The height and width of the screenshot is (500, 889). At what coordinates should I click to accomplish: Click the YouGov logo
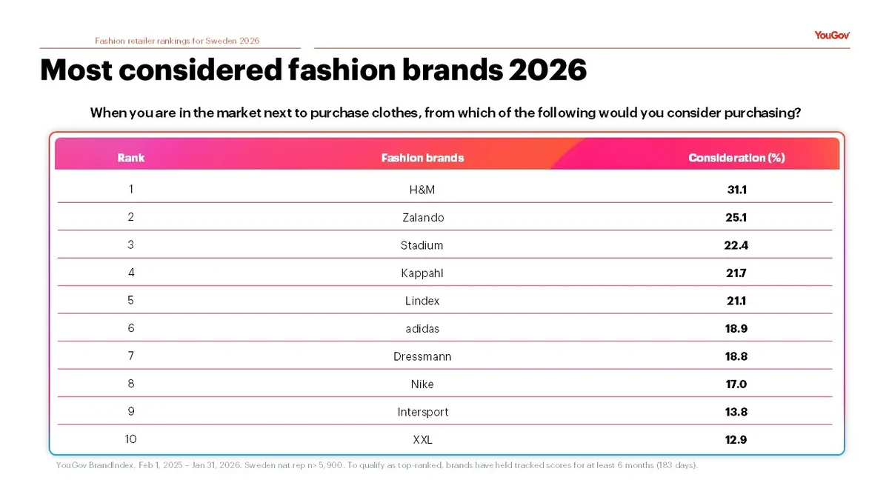coord(831,36)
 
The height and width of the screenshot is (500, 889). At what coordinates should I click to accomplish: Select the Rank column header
coord(131,158)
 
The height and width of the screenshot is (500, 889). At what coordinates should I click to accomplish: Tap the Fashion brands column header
coord(422,158)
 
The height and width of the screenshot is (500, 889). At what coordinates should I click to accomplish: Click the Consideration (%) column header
coord(736,158)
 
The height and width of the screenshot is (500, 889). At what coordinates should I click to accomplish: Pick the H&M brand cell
coord(422,190)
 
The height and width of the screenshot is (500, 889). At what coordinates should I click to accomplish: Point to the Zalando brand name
coord(422,218)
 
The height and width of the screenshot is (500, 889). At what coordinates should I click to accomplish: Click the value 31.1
coord(736,190)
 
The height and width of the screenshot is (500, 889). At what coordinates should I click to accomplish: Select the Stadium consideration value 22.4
coord(736,245)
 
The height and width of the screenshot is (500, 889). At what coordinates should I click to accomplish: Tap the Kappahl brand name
coord(422,273)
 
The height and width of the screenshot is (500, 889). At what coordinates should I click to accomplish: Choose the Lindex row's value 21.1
coord(736,301)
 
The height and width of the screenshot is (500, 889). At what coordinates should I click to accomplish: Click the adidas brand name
coord(422,328)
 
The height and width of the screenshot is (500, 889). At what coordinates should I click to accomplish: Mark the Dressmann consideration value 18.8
coord(736,356)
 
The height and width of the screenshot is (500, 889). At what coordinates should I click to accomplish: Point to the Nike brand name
coord(422,384)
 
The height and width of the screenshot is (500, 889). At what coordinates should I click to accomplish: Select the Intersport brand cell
coord(422,412)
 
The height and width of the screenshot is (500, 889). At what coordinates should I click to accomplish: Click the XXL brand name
coord(422,439)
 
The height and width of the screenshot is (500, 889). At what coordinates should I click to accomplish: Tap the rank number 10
coord(131,439)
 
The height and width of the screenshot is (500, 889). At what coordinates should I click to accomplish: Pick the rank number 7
coord(131,356)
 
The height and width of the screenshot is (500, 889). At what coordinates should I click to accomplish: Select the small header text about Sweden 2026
coord(177,41)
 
